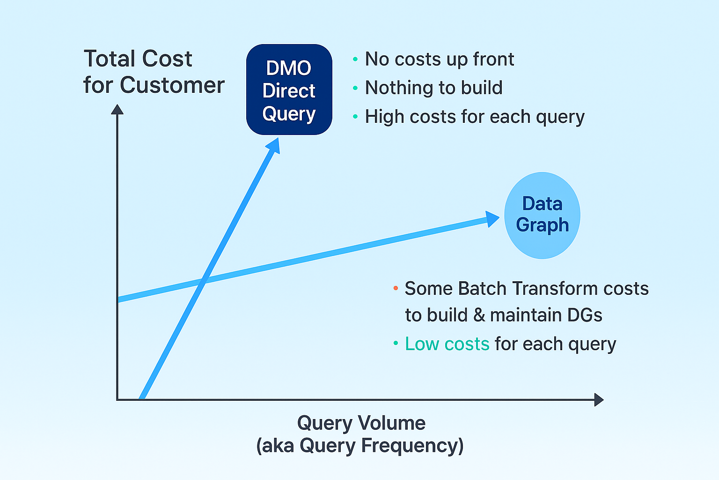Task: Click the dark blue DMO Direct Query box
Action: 289,90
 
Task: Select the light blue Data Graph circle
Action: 542,215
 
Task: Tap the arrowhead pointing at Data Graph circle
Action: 493,219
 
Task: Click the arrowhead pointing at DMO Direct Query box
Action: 273,145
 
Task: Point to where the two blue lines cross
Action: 203,281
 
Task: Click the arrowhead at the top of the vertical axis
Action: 117,109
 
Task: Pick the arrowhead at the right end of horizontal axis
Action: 599,400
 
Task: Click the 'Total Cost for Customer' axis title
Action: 154,72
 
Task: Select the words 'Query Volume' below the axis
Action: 361,423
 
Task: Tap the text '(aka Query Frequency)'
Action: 359,445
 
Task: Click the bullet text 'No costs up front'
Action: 439,59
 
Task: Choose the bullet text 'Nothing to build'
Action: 433,88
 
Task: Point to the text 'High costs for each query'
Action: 474,117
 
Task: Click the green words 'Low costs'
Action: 447,344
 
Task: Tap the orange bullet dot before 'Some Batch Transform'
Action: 396,288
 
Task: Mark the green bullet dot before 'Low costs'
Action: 396,344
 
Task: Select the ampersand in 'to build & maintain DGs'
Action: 479,315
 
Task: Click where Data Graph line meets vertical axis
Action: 118,300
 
